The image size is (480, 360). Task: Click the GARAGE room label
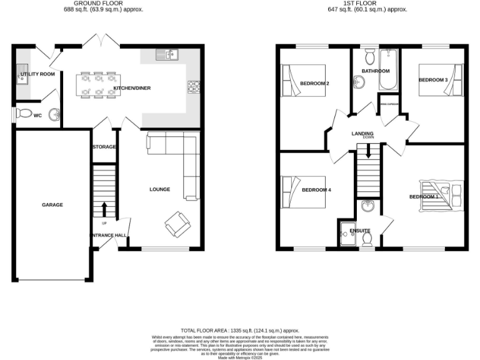(52, 204)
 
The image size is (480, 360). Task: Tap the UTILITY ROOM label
(37, 74)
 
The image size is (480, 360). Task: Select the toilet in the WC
(25, 114)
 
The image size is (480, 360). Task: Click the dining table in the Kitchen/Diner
(97, 85)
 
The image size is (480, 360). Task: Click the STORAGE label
(104, 147)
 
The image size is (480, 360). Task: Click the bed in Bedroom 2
(303, 81)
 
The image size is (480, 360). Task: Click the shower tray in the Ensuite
(346, 233)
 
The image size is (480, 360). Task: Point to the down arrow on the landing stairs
(368, 150)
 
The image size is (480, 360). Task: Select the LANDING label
(362, 133)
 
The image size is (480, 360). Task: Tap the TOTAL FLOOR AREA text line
(240, 330)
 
